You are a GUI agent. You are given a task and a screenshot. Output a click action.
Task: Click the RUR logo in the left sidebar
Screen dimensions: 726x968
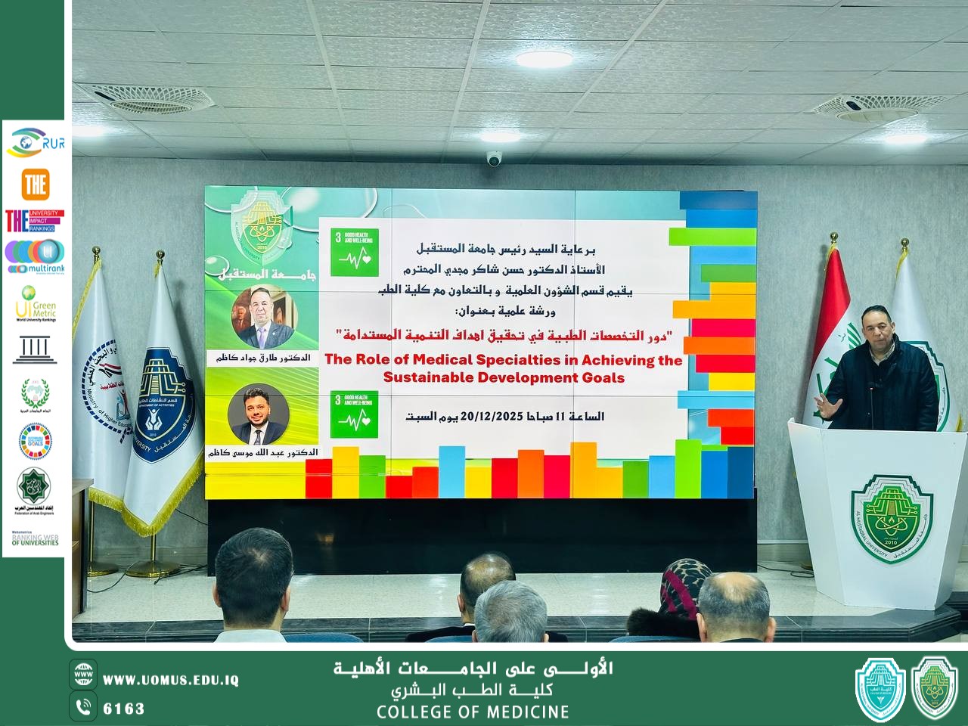(36, 142)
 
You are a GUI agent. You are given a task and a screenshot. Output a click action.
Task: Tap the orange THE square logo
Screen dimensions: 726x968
(36, 184)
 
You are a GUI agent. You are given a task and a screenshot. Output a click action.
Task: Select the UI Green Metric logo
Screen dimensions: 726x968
(36, 302)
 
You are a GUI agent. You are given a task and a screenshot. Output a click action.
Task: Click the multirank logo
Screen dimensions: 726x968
(36, 256)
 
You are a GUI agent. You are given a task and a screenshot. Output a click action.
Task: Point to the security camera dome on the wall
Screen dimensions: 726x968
(494, 158)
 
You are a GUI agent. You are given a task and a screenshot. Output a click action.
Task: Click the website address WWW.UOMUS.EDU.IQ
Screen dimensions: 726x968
(171, 680)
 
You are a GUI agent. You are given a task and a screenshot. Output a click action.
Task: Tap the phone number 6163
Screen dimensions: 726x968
(123, 709)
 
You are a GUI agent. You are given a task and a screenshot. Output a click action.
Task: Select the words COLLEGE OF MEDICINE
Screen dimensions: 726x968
(473, 712)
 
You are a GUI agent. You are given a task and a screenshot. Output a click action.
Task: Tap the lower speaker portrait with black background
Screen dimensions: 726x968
(259, 414)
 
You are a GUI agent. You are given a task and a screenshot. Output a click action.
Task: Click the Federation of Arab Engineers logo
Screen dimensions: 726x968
(36, 492)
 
